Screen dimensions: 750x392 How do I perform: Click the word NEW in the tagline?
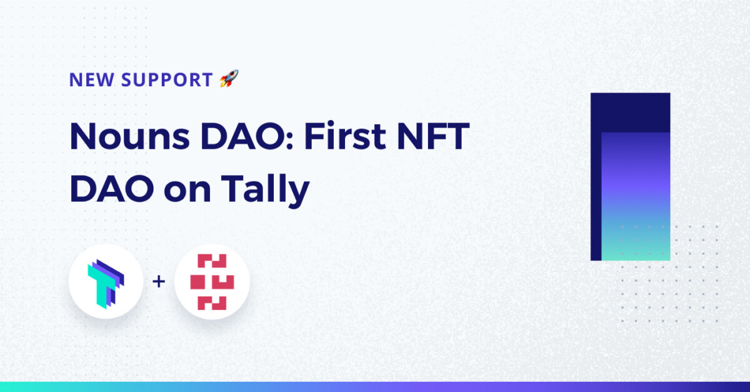[87, 80]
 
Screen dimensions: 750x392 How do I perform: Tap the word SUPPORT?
[167, 80]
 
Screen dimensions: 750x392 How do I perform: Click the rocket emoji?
[229, 78]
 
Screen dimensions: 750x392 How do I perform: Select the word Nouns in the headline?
[130, 136]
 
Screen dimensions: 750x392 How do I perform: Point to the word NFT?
[433, 136]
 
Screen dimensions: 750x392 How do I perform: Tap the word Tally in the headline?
[265, 188]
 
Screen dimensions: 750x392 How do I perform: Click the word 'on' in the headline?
[187, 191]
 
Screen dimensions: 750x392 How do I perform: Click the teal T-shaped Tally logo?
[106, 283]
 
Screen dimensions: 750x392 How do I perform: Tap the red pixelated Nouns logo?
[212, 282]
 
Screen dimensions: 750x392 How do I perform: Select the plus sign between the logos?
[159, 281]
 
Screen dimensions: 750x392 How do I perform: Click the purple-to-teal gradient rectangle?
[636, 196]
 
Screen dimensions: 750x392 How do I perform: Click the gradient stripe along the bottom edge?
[375, 386]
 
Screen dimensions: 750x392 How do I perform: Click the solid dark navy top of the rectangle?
[631, 113]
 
